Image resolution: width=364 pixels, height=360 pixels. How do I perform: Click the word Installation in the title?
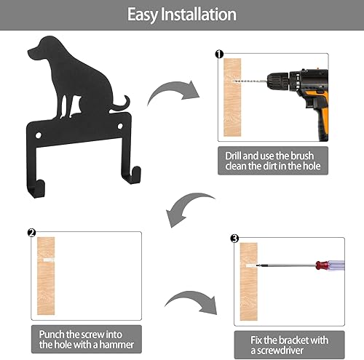click(199, 15)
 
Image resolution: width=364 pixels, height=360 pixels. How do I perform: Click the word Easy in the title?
click(143, 15)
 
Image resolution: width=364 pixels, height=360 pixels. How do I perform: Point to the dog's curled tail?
click(121, 105)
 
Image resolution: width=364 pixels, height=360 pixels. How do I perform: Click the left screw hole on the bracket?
click(39, 135)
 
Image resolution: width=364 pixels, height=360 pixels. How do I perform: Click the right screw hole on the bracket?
click(120, 126)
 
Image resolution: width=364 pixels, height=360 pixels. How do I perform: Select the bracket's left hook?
click(36, 188)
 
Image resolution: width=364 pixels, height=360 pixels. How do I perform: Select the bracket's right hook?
click(132, 175)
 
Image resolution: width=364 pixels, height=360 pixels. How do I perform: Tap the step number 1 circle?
click(219, 54)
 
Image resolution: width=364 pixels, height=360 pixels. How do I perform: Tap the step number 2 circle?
click(32, 233)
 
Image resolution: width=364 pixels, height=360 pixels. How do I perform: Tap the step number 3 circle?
click(234, 239)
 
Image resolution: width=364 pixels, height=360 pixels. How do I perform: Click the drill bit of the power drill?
click(250, 81)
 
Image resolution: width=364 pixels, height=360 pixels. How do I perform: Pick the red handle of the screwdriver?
click(322, 265)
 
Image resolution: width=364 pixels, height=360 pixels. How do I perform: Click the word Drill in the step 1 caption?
click(234, 156)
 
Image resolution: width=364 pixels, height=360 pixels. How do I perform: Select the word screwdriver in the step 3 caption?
click(280, 351)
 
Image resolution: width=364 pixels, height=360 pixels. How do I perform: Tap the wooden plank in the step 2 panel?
click(46, 276)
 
